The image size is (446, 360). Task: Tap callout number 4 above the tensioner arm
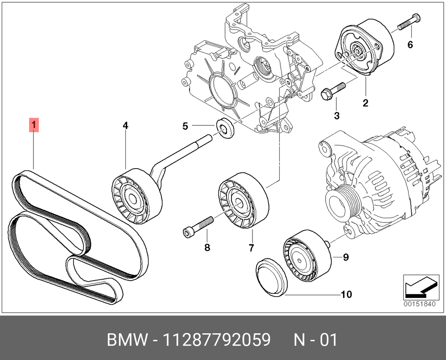point(126,126)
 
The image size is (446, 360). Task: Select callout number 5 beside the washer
point(186,127)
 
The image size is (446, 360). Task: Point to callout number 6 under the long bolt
point(410,45)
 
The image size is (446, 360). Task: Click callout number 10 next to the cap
point(347,294)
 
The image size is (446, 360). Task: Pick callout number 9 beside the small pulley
point(346,257)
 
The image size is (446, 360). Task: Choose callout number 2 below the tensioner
point(365,103)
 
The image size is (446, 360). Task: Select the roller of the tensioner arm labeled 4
point(135,196)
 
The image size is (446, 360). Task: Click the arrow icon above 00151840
point(419,287)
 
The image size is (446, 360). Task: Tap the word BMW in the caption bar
point(127,340)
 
